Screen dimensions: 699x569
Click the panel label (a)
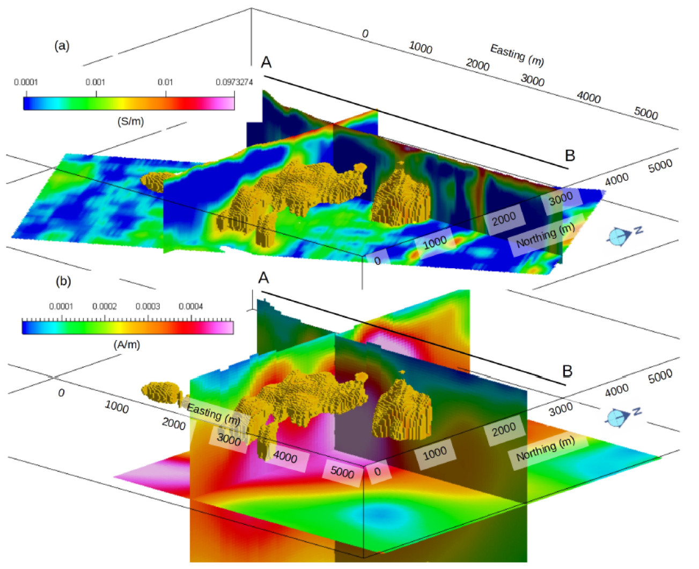(62, 46)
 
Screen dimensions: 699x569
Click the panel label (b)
(63, 281)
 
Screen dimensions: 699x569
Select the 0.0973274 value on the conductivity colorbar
(234, 82)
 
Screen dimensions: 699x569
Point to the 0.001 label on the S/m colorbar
(95, 82)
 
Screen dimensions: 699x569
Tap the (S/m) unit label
(130, 121)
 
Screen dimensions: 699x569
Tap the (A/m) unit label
(127, 345)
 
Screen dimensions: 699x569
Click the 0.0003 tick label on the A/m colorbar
(148, 306)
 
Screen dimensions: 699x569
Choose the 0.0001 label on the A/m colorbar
(61, 306)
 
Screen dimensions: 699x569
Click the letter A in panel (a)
(266, 62)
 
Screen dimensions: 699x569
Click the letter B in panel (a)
(570, 156)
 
